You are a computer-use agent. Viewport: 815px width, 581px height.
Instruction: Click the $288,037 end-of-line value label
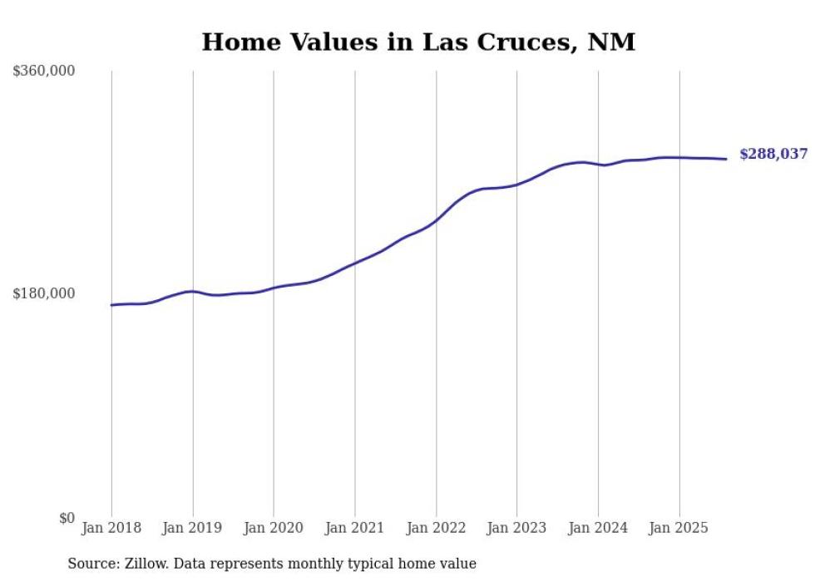click(x=773, y=155)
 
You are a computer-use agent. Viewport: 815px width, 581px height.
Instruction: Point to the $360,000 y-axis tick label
click(x=44, y=71)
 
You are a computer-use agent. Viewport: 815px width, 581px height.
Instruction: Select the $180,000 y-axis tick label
click(x=44, y=293)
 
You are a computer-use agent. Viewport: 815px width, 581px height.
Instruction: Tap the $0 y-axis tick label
click(x=67, y=518)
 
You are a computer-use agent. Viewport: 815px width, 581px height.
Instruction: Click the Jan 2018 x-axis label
click(x=111, y=528)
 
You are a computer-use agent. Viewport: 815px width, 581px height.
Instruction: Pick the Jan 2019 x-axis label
click(x=193, y=528)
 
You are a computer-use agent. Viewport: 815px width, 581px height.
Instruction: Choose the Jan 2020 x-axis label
click(x=274, y=528)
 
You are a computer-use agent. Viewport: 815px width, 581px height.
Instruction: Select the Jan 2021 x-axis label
click(x=355, y=528)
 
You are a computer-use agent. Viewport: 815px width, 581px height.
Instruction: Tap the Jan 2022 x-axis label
click(x=436, y=528)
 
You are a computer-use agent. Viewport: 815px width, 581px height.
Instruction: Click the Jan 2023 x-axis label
click(x=516, y=528)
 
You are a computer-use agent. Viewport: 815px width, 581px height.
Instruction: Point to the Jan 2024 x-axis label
click(x=598, y=528)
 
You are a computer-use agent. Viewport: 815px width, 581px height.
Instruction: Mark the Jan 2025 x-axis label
click(x=679, y=528)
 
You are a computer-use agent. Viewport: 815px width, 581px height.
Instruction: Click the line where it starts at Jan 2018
click(x=112, y=305)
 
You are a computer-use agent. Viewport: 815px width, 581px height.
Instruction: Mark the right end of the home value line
click(x=726, y=159)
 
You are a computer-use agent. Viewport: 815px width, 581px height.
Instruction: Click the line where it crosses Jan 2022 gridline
click(x=436, y=220)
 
